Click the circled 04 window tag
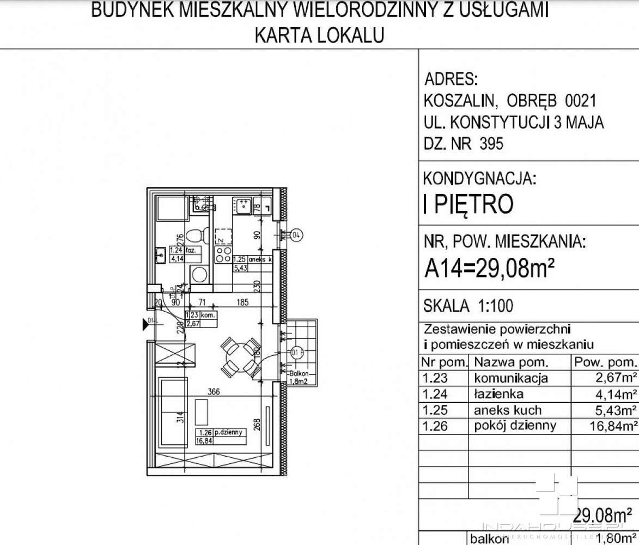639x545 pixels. (x=296, y=235)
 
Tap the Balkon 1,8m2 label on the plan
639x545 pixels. (x=300, y=377)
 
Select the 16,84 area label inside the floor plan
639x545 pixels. (x=204, y=440)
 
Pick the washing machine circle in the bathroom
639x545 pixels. (x=199, y=274)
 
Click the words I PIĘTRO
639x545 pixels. (x=468, y=204)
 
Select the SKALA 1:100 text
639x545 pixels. (x=468, y=306)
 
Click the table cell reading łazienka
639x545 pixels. (x=499, y=394)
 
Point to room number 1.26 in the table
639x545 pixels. (x=435, y=426)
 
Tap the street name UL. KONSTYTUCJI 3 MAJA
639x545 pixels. (x=513, y=123)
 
